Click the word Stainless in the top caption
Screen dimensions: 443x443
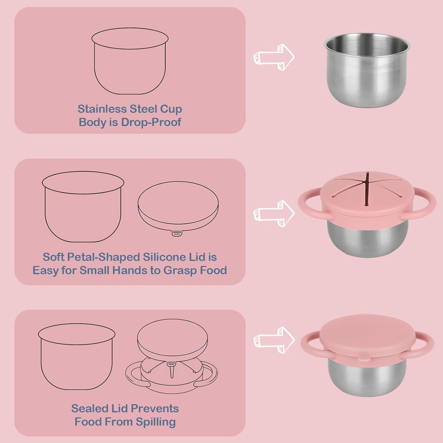click(x=102, y=109)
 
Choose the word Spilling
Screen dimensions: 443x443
click(x=156, y=422)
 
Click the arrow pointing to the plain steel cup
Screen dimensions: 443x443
click(x=274, y=57)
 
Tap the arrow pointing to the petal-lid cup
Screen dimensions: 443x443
click(x=274, y=213)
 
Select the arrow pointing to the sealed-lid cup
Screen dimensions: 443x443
click(x=274, y=340)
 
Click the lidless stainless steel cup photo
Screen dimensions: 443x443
click(x=367, y=71)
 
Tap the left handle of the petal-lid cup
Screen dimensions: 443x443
click(x=308, y=204)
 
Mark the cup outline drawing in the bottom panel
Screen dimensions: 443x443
click(x=77, y=357)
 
